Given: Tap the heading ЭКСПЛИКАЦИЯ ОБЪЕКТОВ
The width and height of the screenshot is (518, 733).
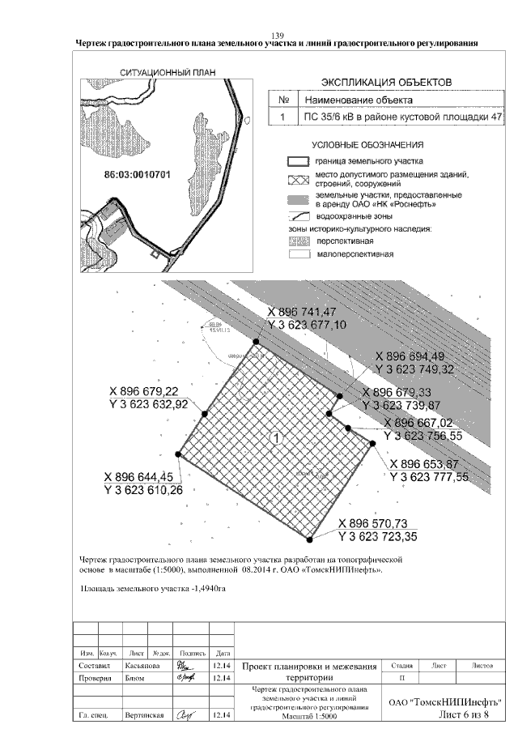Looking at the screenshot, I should pyautogui.click(x=386, y=83).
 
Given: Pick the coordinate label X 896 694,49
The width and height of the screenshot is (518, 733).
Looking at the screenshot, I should pyautogui.click(x=418, y=357).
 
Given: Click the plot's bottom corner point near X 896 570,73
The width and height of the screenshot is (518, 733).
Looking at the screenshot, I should pyautogui.click(x=310, y=538).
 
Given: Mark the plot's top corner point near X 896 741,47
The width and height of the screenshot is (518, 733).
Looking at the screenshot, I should pyautogui.click(x=257, y=342).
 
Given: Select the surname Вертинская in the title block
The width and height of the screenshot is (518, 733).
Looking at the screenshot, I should pyautogui.click(x=146, y=716).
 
